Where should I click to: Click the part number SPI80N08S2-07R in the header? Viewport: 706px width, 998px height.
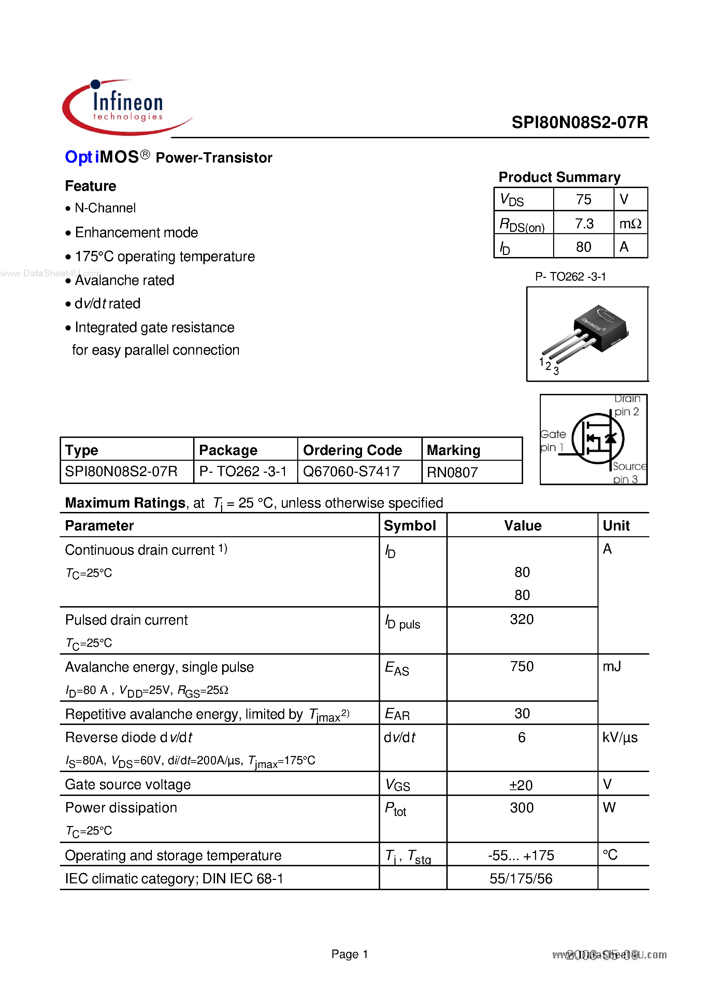579,123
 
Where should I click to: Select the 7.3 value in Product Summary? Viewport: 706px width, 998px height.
583,224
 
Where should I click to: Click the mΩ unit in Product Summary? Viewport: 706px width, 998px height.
630,224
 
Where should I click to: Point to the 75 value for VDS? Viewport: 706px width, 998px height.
583,200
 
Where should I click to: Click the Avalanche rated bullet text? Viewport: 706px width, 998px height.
124,281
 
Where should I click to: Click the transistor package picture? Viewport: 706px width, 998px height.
587,334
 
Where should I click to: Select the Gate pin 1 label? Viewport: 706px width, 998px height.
552,441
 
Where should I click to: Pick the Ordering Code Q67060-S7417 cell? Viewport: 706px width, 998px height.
351,472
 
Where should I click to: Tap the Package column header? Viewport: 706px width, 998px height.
228,450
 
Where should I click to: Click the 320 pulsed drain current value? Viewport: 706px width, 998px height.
522,619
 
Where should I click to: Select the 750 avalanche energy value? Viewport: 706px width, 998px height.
522,666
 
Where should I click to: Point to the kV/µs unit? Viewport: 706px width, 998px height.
619,738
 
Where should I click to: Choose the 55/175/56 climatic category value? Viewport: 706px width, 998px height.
521,879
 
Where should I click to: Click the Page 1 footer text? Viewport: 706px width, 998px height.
349,954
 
